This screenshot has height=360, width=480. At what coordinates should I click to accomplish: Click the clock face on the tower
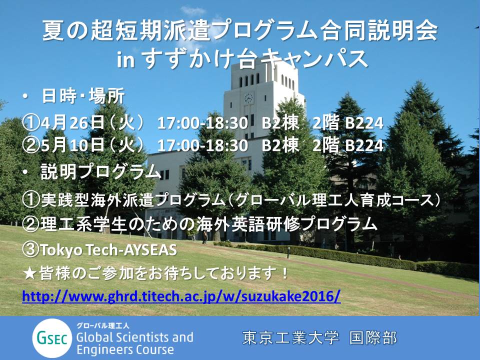coord(248,98)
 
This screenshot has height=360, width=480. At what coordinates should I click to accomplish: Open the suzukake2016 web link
coord(181,296)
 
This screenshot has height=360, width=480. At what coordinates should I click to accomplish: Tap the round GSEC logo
coord(52,338)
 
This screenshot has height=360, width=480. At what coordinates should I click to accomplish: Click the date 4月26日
coord(72,123)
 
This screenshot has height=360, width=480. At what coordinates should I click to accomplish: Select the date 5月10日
coord(72,144)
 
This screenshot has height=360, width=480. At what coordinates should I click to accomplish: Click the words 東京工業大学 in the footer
coord(291,338)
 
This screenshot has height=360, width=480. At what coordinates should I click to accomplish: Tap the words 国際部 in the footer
coord(373,338)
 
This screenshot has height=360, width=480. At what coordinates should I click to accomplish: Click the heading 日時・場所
coord(83,96)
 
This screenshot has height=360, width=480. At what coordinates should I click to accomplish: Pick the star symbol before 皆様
coord(30,273)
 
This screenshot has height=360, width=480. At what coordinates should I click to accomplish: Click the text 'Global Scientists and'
coord(134,337)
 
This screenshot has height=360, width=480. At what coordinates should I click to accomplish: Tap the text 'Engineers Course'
coord(125,349)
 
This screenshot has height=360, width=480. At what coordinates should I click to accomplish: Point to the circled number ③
coord(31,250)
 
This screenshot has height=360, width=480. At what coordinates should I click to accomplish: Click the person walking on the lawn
coord(204,237)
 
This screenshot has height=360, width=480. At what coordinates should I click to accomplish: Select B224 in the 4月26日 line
coord(364,123)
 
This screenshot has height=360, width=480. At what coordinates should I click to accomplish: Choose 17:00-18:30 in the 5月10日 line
coord(202,145)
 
